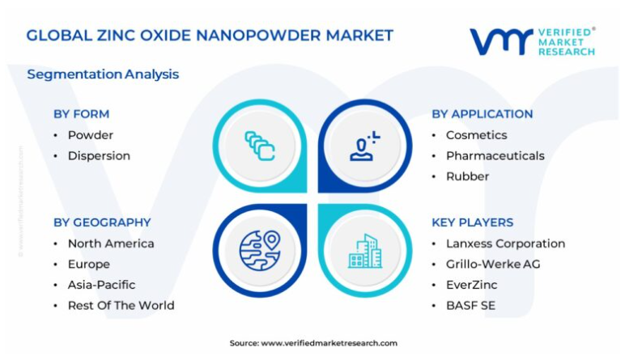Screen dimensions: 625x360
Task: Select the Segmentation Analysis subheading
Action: pyautogui.click(x=103, y=74)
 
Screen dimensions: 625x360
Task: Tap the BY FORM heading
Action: pyautogui.click(x=81, y=114)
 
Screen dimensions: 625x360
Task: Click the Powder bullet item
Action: pyautogui.click(x=91, y=135)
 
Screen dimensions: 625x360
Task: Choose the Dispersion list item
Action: pyautogui.click(x=99, y=155)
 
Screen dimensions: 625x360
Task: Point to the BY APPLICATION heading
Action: pyautogui.click(x=483, y=114)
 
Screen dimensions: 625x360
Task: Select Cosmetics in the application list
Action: pyautogui.click(x=476, y=135)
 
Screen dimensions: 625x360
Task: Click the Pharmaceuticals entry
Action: pyautogui.click(x=495, y=155)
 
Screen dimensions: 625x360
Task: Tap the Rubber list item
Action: pyautogui.click(x=467, y=176)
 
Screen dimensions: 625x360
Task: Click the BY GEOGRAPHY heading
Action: pyautogui.click(x=102, y=222)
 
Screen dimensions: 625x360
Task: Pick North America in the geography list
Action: pyautogui.click(x=111, y=244)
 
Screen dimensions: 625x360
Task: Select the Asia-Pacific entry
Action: pyautogui.click(x=101, y=285)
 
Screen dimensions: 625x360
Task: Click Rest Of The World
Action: pyautogui.click(x=121, y=306)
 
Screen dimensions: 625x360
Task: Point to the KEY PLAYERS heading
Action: pyautogui.click(x=472, y=222)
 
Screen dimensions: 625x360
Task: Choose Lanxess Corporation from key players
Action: pyautogui.click(x=505, y=244)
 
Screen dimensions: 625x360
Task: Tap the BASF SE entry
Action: pyautogui.click(x=470, y=306)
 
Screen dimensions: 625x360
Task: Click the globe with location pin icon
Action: pyautogui.click(x=260, y=251)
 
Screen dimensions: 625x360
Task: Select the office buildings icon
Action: pyautogui.click(x=365, y=252)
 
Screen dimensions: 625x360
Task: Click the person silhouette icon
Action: pyautogui.click(x=364, y=146)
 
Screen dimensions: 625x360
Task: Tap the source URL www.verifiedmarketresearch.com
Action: pyautogui.click(x=330, y=343)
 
